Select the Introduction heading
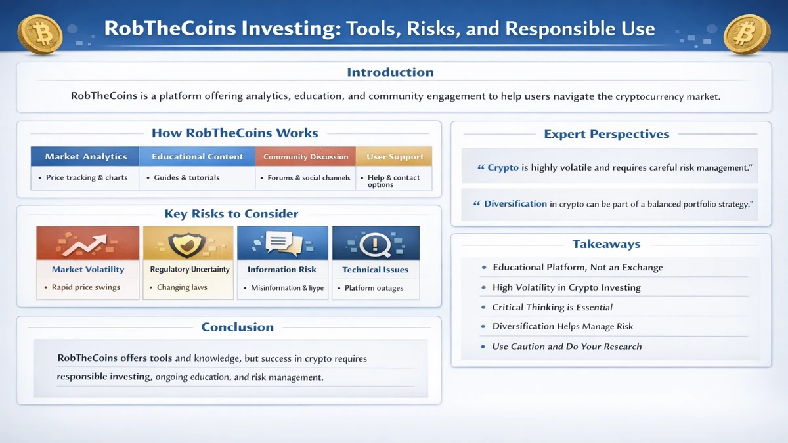point(390,72)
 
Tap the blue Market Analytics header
point(85,157)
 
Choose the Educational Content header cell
point(197,157)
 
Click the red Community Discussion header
point(305,157)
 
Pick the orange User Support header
point(394,157)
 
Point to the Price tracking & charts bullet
point(87,177)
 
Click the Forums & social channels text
point(309,177)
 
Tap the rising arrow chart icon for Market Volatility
point(87,243)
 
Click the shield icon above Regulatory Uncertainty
point(188,243)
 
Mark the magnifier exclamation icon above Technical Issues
point(376,243)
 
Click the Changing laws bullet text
point(182,287)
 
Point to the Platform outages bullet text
point(374,287)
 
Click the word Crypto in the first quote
point(503,168)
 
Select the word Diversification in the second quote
point(515,204)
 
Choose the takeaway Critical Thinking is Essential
point(552,307)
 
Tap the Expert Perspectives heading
point(606,134)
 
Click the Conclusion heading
point(237,327)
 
